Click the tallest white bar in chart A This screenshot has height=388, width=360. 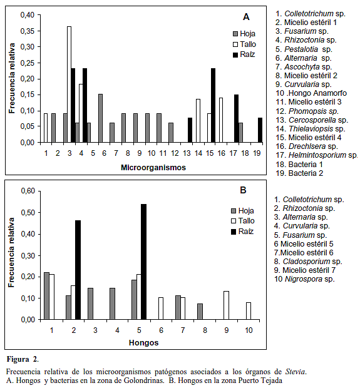(69, 84)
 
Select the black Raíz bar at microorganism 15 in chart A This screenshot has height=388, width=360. (213, 105)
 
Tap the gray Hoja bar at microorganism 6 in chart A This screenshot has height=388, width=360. (101, 118)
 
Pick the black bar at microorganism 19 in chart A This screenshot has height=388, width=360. (260, 130)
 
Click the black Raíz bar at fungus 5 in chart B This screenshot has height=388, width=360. (143, 262)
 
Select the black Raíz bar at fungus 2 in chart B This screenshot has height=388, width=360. (78, 270)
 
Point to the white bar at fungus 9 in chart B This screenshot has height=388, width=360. (226, 305)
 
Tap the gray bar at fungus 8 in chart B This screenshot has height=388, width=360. (200, 312)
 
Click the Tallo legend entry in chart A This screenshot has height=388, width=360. (244, 44)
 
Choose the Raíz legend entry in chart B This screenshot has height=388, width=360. (242, 232)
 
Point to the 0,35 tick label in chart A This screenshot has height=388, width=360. (28, 31)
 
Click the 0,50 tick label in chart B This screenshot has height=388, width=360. (28, 213)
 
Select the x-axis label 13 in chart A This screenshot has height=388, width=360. (187, 153)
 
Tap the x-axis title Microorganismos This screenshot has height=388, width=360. (153, 168)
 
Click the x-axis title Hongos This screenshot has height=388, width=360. (143, 343)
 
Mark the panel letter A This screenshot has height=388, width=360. (246, 17)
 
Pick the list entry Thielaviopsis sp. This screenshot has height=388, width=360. (311, 129)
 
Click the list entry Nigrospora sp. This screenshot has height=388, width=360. (304, 279)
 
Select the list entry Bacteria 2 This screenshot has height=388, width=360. (299, 173)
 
